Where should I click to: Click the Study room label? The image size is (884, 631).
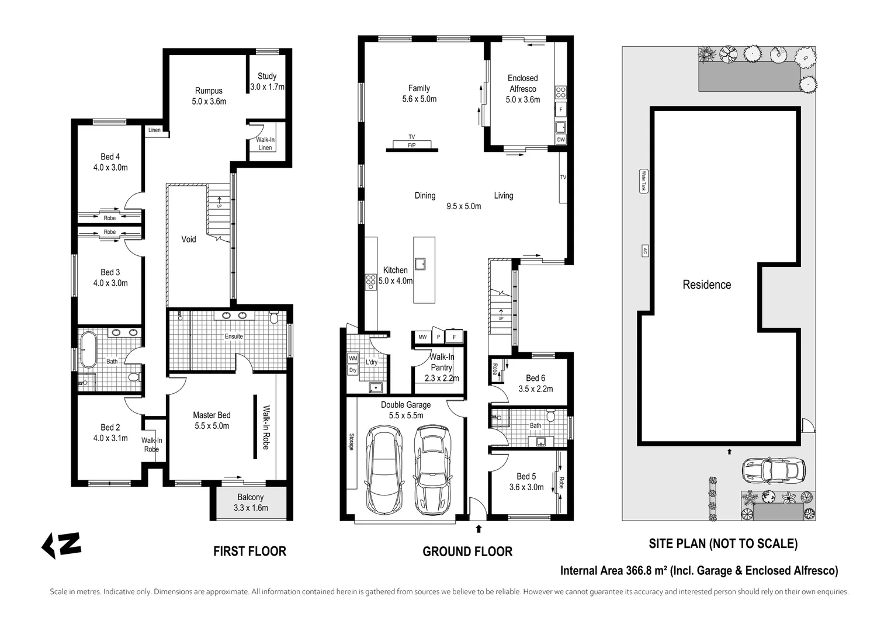(267, 76)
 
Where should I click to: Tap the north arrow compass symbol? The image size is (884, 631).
(61, 545)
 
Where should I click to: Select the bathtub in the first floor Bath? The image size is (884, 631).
(88, 349)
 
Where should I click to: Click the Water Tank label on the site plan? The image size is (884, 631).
(643, 181)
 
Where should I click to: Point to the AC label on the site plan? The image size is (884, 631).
(644, 251)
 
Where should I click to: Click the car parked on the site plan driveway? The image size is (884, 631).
(774, 469)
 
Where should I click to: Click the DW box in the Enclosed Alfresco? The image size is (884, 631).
(560, 140)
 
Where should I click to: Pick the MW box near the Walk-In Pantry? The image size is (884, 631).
(422, 337)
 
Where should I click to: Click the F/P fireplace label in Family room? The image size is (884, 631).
(411, 144)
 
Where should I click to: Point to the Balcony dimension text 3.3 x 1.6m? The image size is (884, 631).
(251, 508)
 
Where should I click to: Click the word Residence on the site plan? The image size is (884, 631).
(706, 285)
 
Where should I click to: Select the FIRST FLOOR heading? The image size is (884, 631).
(249, 552)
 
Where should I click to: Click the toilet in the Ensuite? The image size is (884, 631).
(273, 317)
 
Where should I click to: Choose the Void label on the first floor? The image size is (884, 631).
(188, 239)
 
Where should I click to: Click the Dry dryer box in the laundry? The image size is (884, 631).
(352, 370)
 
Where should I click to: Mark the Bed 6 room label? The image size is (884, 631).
(535, 378)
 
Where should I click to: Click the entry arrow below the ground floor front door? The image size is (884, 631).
(479, 529)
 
